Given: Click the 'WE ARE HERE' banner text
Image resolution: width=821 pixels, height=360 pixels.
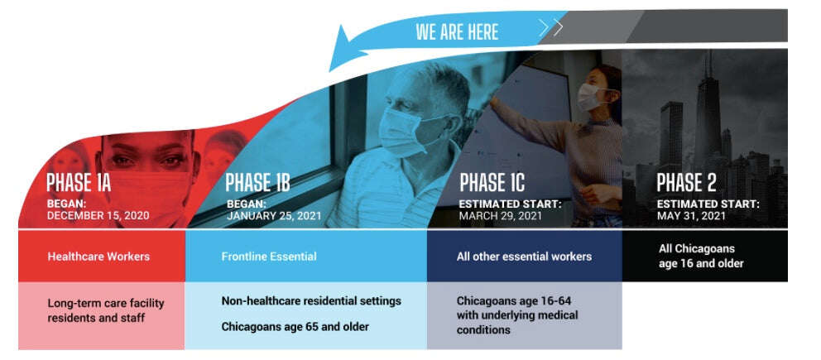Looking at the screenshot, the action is [457, 32].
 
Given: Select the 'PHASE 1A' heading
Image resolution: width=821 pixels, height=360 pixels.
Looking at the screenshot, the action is [79, 182].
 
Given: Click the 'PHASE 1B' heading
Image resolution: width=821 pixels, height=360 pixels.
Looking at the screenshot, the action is [257, 183].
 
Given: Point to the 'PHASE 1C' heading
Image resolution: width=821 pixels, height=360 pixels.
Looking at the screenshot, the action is [492, 183].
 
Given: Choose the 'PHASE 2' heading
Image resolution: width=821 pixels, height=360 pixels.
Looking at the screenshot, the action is [686, 183].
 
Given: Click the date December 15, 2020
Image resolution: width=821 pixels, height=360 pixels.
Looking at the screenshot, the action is [98, 215].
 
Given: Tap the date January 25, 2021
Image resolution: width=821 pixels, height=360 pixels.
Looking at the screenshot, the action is [274, 215].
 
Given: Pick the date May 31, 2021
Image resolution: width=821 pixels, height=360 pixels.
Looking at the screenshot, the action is [691, 215].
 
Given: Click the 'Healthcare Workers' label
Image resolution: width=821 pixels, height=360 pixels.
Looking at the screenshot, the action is [98, 257].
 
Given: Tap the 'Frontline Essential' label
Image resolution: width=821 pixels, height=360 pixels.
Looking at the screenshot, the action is [269, 257].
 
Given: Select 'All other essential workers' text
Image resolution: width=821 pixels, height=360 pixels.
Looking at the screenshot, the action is [524, 257].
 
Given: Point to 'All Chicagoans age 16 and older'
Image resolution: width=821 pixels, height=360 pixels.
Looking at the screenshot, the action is [701, 256].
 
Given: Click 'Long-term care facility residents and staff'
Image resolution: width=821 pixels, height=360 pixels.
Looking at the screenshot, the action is [106, 310].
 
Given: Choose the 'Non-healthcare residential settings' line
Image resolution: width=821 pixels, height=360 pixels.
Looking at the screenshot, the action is [311, 301].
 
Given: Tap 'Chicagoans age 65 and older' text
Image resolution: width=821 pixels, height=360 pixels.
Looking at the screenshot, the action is [295, 327].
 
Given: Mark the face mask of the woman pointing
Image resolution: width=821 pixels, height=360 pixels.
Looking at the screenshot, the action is [590, 98].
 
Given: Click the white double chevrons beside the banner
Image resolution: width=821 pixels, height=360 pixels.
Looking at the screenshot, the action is [551, 28].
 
